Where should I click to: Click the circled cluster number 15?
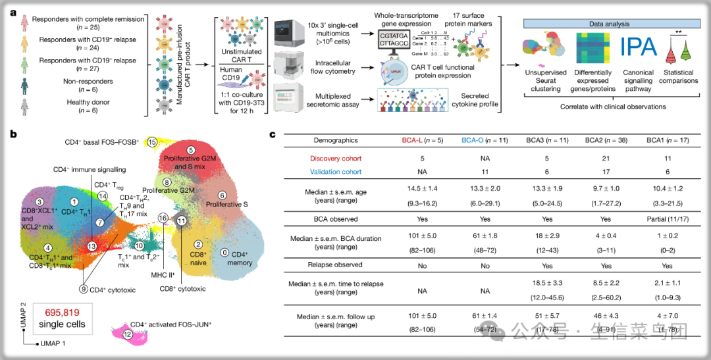point(153,141)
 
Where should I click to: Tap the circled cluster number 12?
point(128,336)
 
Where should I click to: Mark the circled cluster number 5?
point(190,151)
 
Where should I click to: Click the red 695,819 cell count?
point(61,313)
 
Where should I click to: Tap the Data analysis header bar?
point(610,23)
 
